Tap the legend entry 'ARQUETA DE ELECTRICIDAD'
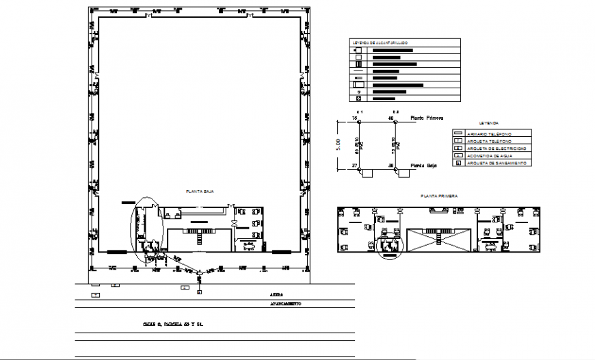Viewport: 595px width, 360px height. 497,148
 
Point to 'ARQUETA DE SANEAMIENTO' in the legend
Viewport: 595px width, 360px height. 497,163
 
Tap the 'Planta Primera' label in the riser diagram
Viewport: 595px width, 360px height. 427,118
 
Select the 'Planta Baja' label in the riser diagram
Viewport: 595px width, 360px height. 423,166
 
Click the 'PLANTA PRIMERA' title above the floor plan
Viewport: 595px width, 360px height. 438,196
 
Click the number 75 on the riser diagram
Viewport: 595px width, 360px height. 355,119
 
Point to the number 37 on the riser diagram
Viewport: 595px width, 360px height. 355,166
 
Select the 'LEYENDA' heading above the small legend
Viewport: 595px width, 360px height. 489,122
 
